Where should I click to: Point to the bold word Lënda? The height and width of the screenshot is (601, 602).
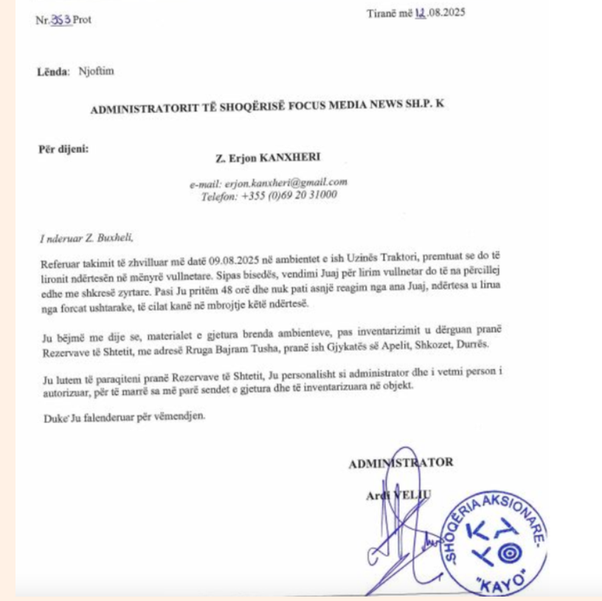(51, 72)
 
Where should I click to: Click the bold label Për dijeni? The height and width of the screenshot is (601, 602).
(63, 148)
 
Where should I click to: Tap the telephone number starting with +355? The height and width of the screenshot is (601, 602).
(290, 195)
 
